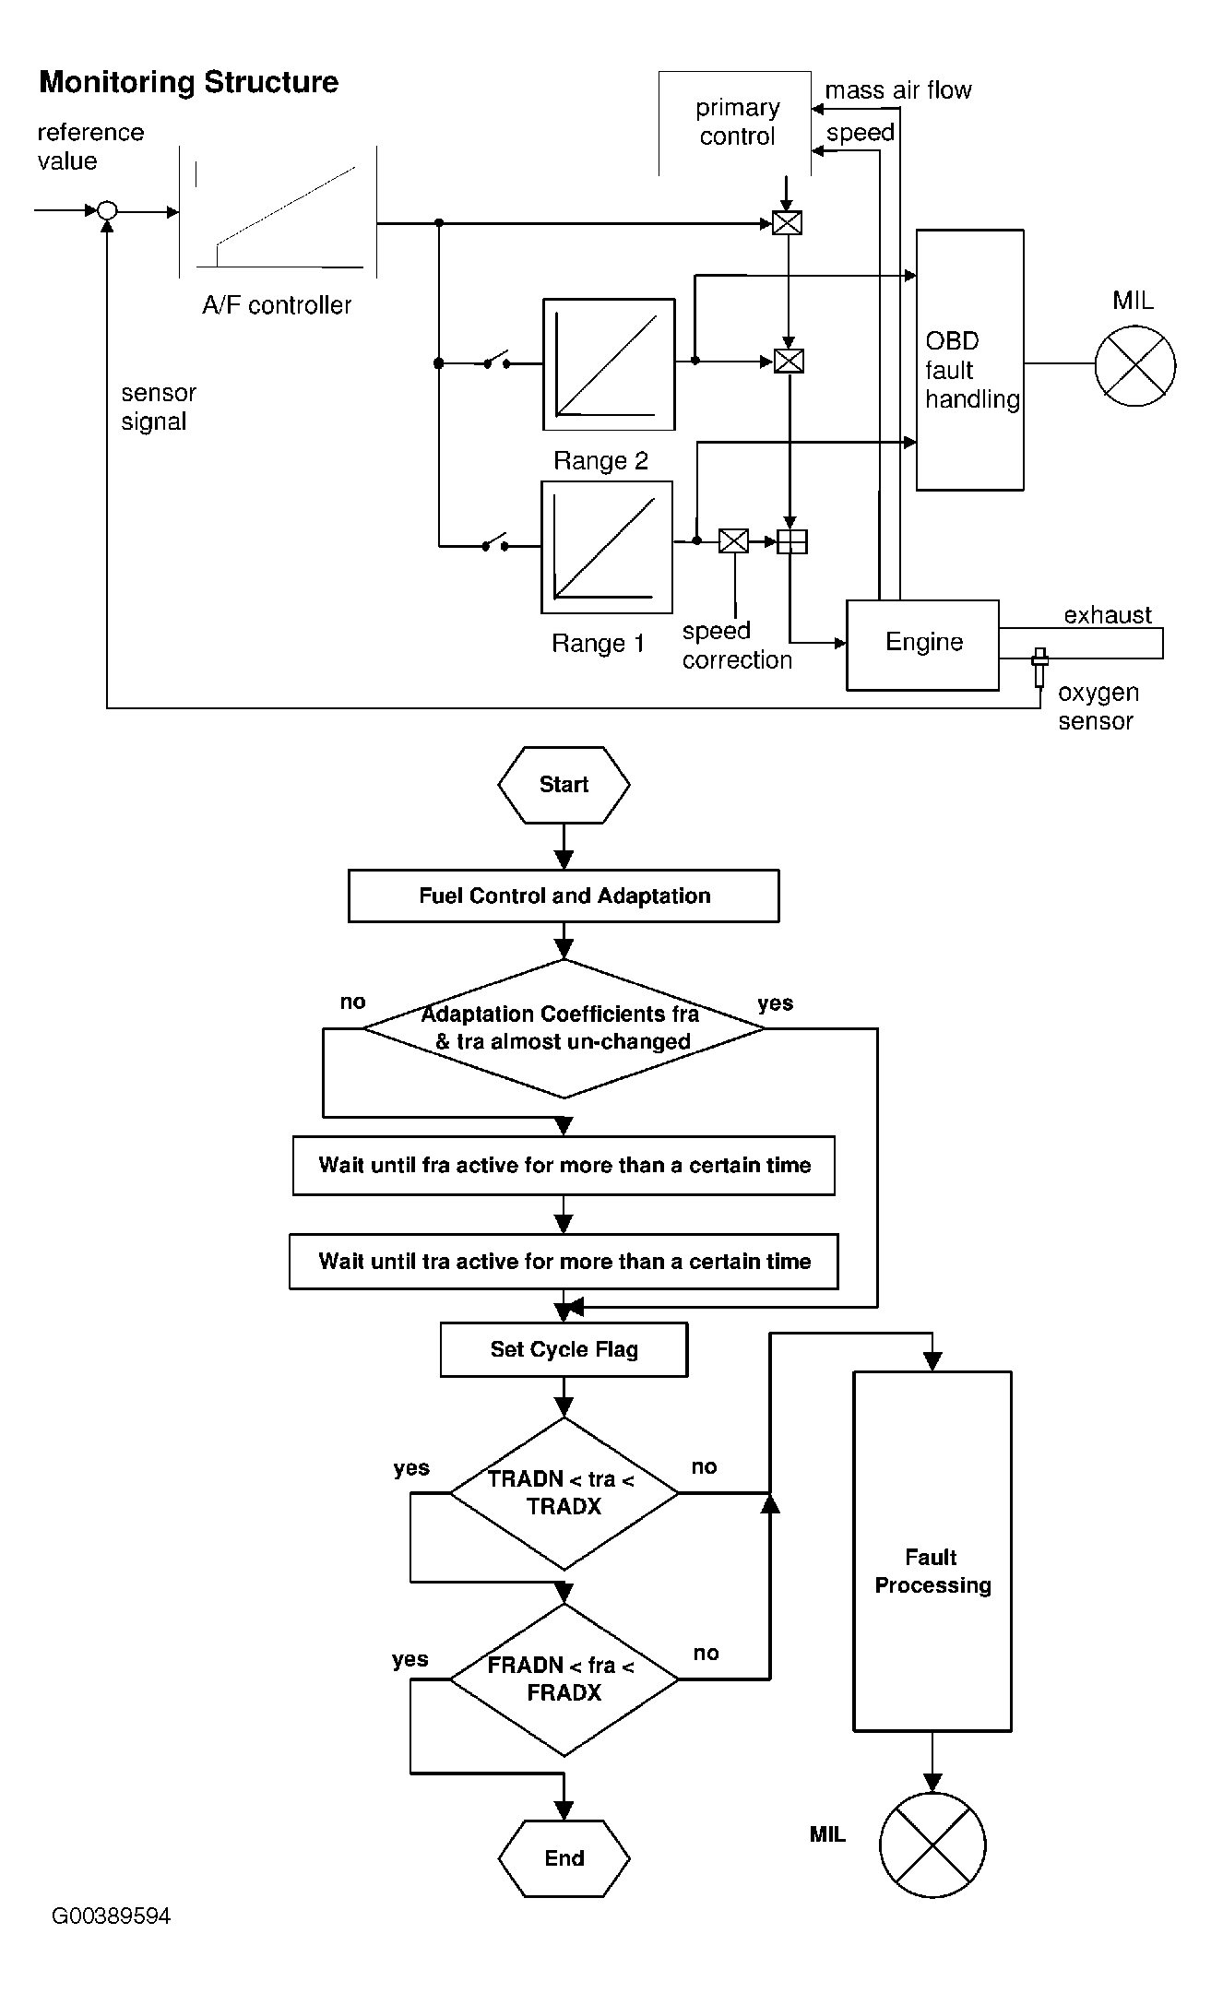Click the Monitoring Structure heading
click(x=188, y=82)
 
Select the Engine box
click(x=922, y=644)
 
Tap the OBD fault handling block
click(x=969, y=361)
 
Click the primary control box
click(x=736, y=123)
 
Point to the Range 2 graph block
click(x=609, y=364)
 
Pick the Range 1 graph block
click(x=607, y=547)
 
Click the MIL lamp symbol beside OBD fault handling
click(x=1134, y=364)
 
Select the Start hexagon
click(x=564, y=785)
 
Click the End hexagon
click(x=564, y=1857)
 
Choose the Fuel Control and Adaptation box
click(x=564, y=896)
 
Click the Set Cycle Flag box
click(x=564, y=1349)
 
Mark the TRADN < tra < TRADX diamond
click(x=564, y=1493)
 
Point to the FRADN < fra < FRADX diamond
click(x=564, y=1679)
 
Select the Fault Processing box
click(x=932, y=1551)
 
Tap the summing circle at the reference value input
click(x=107, y=211)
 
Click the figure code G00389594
click(x=111, y=1916)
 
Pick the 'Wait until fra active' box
click(x=564, y=1166)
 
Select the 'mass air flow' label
click(x=897, y=90)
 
